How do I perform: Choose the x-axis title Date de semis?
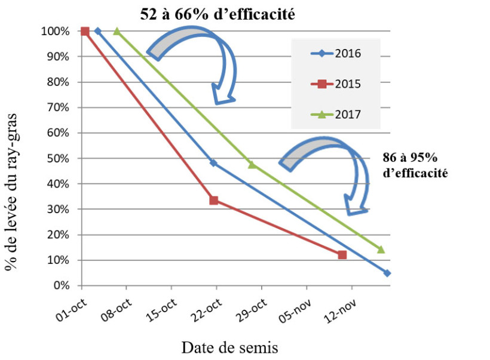point(230,347)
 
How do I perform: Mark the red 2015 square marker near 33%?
point(213,201)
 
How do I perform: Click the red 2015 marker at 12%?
point(342,255)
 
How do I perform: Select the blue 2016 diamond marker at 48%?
point(213,163)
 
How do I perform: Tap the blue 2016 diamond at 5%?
point(387,273)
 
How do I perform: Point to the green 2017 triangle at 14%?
point(381,250)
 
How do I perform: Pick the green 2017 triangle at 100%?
point(117,31)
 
